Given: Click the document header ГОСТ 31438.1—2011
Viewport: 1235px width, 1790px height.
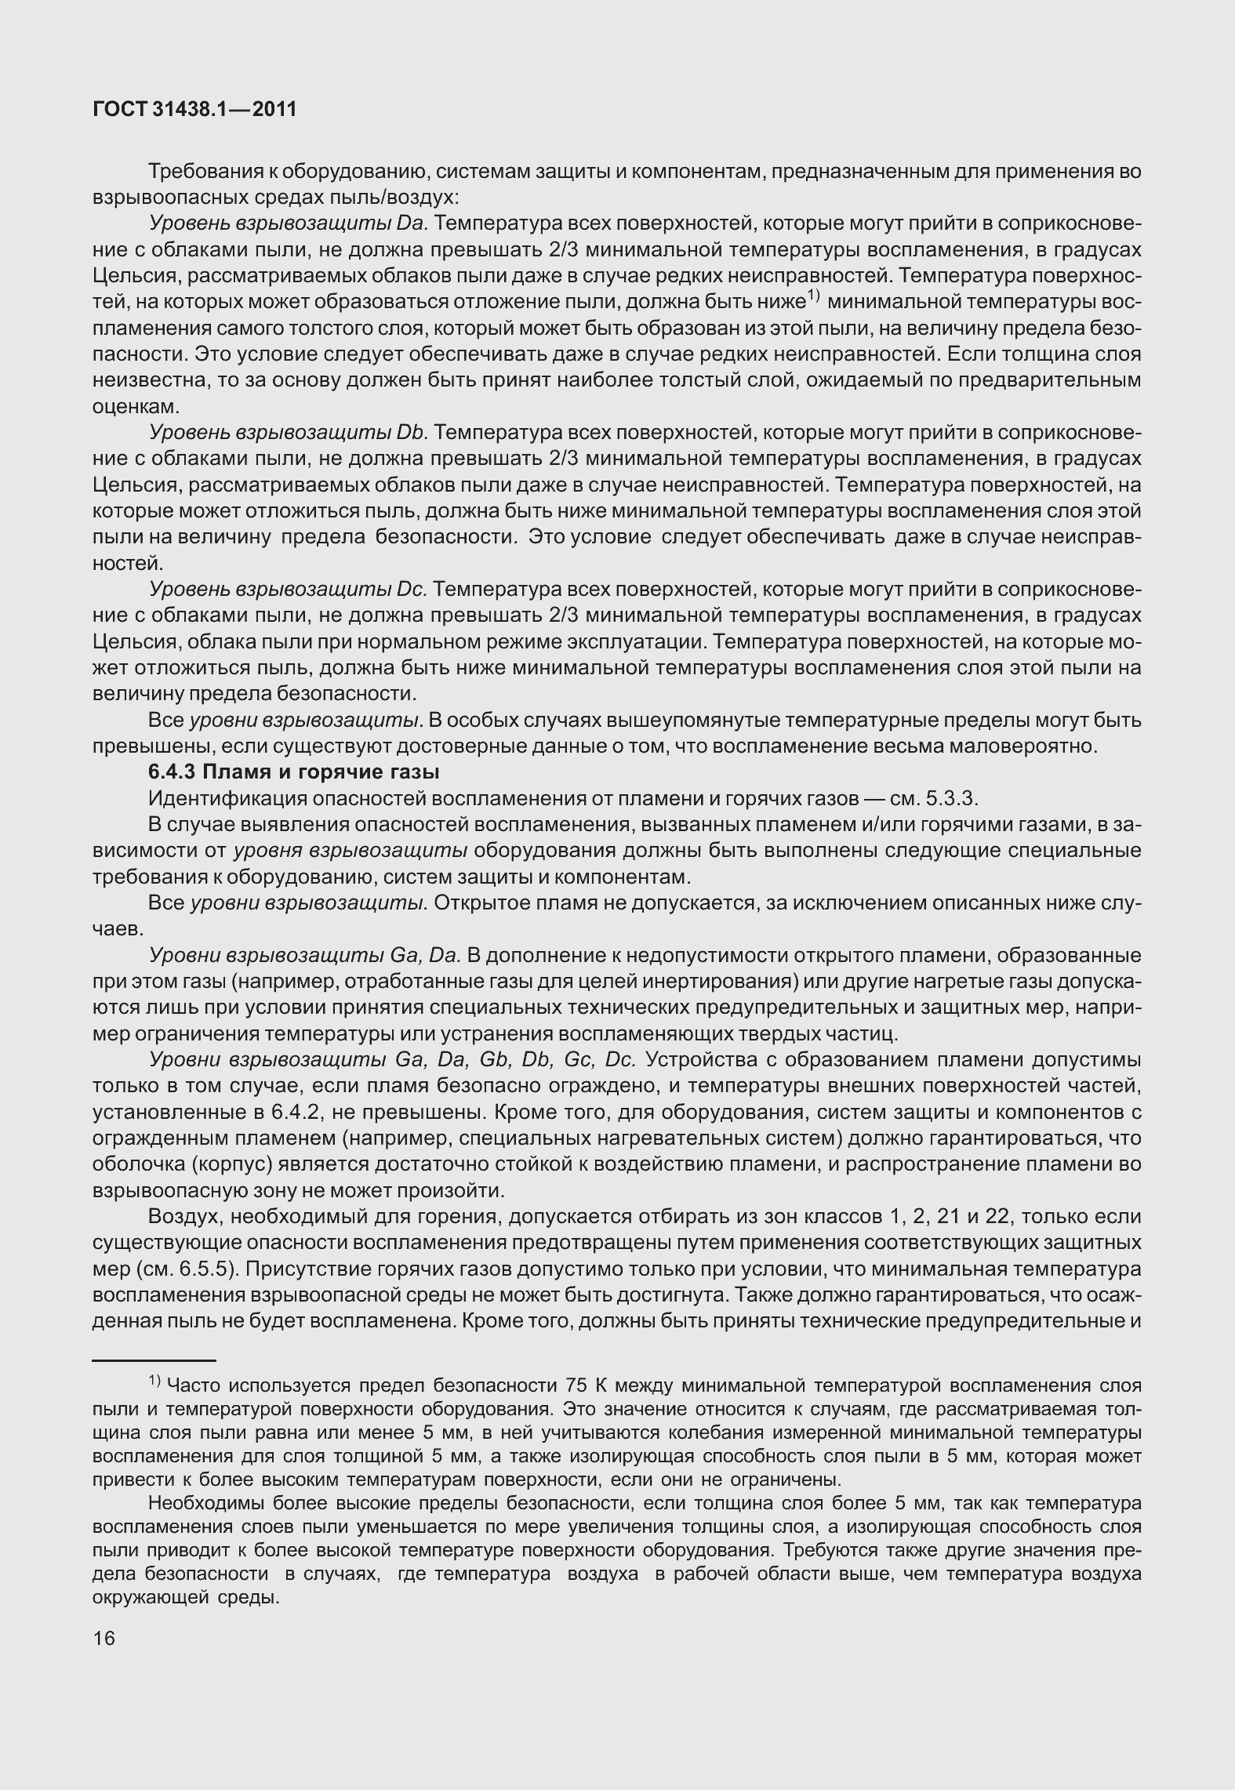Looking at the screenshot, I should (x=194, y=110).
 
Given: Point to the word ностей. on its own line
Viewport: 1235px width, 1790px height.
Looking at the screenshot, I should (x=128, y=564).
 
